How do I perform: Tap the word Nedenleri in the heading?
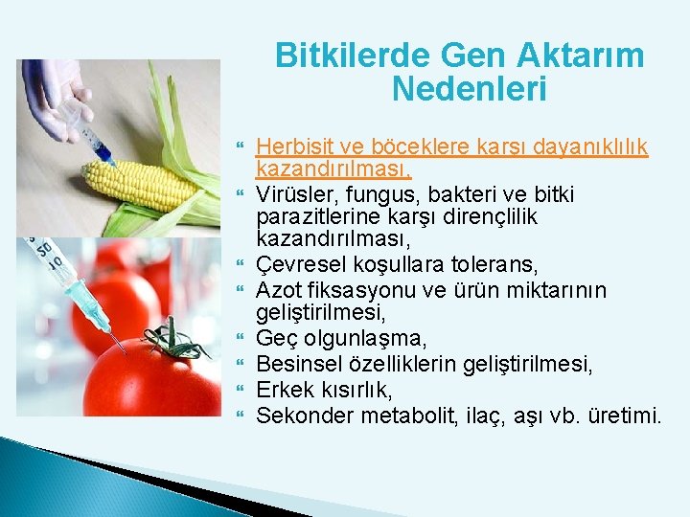[x=469, y=91]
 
